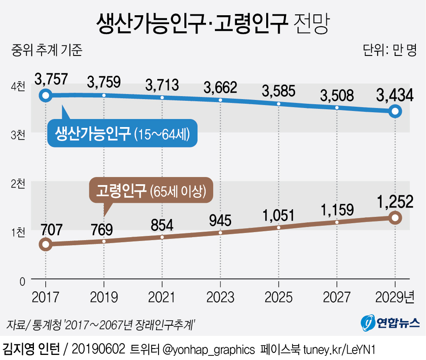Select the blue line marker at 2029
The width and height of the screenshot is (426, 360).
[x=395, y=111]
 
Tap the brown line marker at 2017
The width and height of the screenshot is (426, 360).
[x=45, y=244]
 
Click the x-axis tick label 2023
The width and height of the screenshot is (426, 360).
[x=220, y=297]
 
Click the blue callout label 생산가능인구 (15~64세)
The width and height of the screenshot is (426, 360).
[x=122, y=134]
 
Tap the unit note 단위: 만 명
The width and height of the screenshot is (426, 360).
[x=390, y=50]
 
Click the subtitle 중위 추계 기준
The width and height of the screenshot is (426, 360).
[x=47, y=50]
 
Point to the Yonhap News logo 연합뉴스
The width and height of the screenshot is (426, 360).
[x=390, y=323]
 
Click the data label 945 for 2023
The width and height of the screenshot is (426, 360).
[x=220, y=220]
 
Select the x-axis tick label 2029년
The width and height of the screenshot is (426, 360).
[x=395, y=297]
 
